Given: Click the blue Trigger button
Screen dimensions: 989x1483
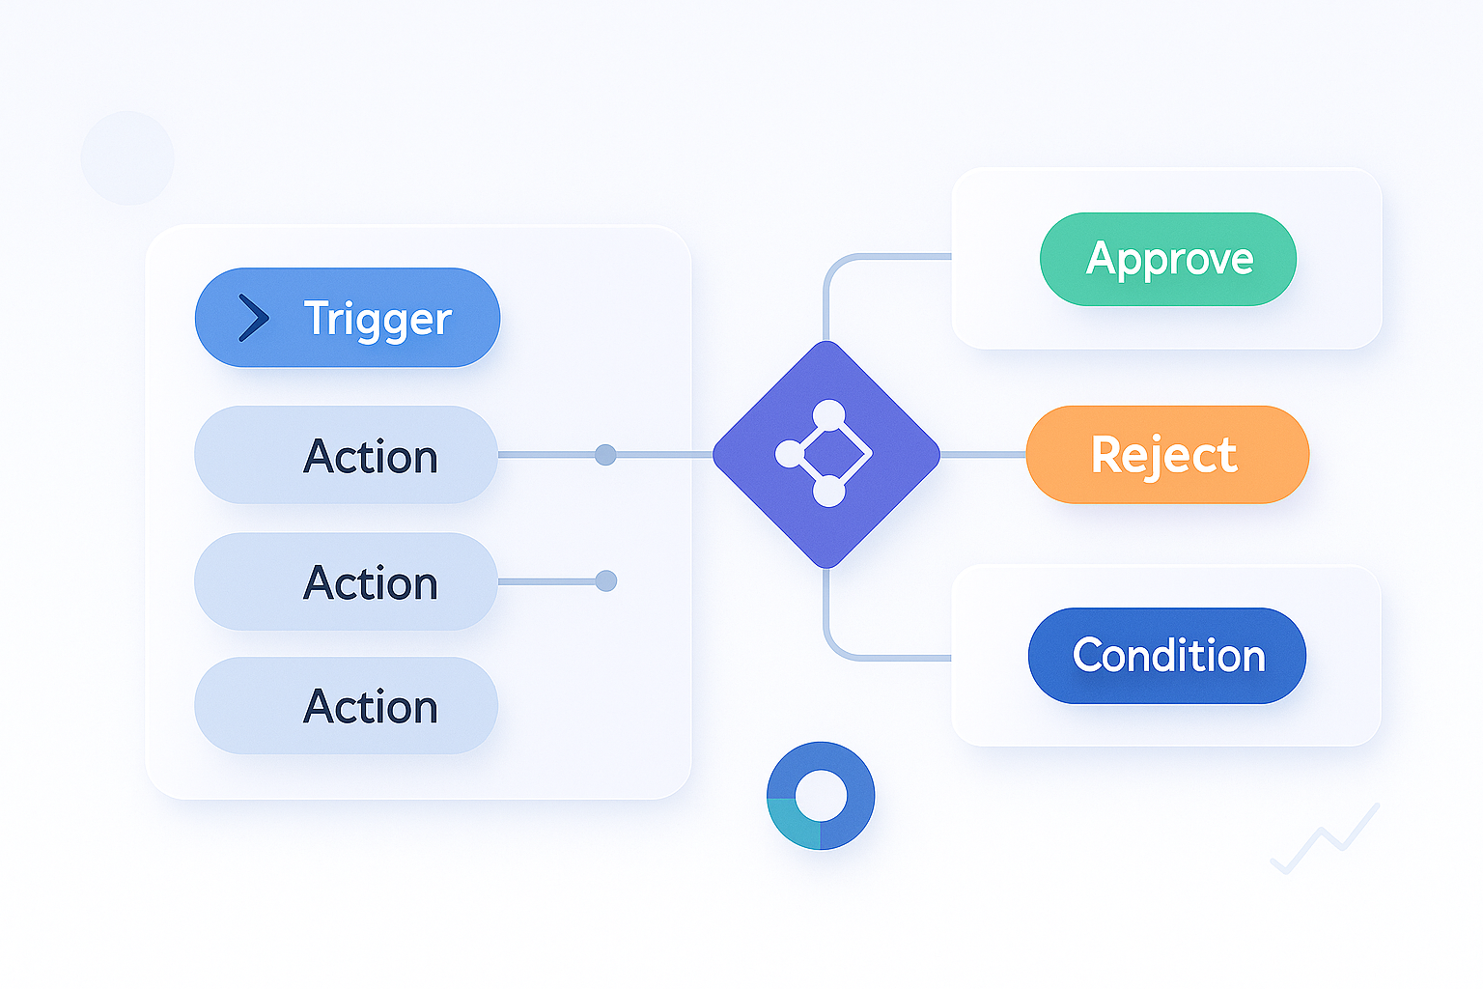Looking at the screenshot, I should [x=348, y=318].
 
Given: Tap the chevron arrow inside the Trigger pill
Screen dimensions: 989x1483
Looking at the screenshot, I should [x=253, y=318].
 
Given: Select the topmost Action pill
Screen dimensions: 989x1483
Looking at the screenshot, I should [x=346, y=455].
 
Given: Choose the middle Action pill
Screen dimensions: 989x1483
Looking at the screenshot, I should [x=346, y=581].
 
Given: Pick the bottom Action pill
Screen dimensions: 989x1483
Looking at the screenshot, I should [x=346, y=706].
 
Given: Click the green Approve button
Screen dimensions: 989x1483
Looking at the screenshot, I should [x=1167, y=259].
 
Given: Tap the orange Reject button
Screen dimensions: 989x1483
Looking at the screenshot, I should [x=1166, y=454].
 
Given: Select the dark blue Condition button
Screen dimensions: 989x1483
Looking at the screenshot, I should [x=1166, y=656].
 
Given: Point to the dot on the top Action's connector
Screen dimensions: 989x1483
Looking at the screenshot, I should [x=605, y=455].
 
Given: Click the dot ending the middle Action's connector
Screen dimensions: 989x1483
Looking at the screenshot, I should [x=605, y=581].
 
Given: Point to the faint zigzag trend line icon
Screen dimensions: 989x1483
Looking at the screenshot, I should [x=1325, y=838].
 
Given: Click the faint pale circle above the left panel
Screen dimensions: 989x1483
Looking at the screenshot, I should [x=127, y=157].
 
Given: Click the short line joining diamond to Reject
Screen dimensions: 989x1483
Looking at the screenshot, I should [x=982, y=454].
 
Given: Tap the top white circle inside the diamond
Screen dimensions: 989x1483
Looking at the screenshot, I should [x=828, y=415].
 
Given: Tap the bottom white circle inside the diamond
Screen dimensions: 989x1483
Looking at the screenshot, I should [x=828, y=492].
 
